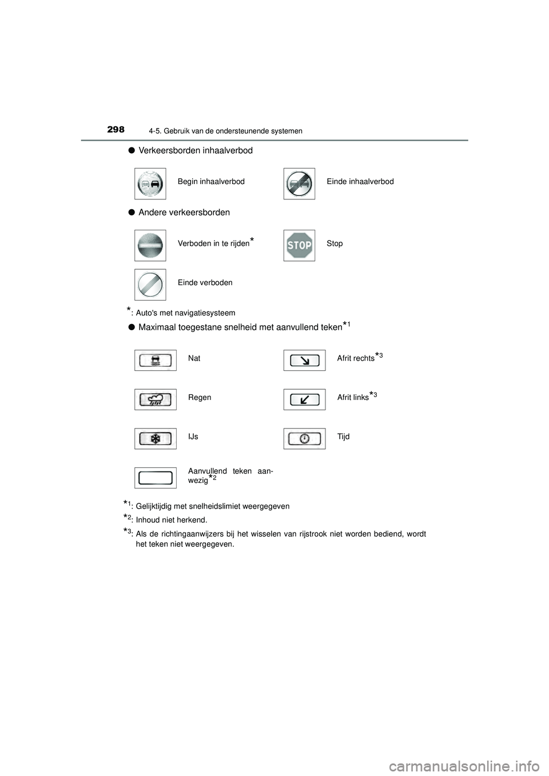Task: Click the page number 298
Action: click(x=116, y=130)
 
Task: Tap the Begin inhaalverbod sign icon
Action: click(x=150, y=183)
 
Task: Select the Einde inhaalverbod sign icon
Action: click(x=299, y=183)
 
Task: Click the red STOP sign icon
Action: click(x=299, y=246)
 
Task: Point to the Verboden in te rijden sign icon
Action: click(x=150, y=246)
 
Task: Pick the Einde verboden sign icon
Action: click(x=150, y=285)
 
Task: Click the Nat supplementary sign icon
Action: click(x=156, y=360)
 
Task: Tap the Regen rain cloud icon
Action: click(x=156, y=399)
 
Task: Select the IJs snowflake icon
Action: click(x=156, y=438)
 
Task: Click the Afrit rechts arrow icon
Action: click(x=304, y=360)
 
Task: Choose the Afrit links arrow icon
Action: click(x=304, y=399)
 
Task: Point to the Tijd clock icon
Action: click(x=304, y=438)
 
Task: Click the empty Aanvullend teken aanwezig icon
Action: click(x=156, y=478)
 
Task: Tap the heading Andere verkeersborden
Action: click(x=184, y=213)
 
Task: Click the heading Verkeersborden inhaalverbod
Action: click(x=195, y=150)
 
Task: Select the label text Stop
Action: click(x=335, y=243)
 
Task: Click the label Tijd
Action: click(x=343, y=437)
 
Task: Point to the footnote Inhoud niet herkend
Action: click(x=171, y=520)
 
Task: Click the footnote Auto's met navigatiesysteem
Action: click(x=185, y=313)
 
